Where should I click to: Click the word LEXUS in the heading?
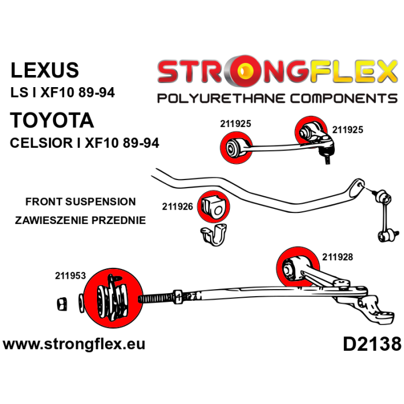(x=45, y=70)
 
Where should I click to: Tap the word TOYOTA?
(x=52, y=121)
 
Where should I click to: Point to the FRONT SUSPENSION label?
(x=80, y=202)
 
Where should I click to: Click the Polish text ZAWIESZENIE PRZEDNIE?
(x=80, y=220)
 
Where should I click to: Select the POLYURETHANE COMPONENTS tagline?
(x=277, y=98)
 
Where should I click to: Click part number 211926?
(x=178, y=205)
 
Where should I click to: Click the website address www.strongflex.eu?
(x=74, y=345)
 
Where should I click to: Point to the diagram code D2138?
(x=371, y=345)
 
